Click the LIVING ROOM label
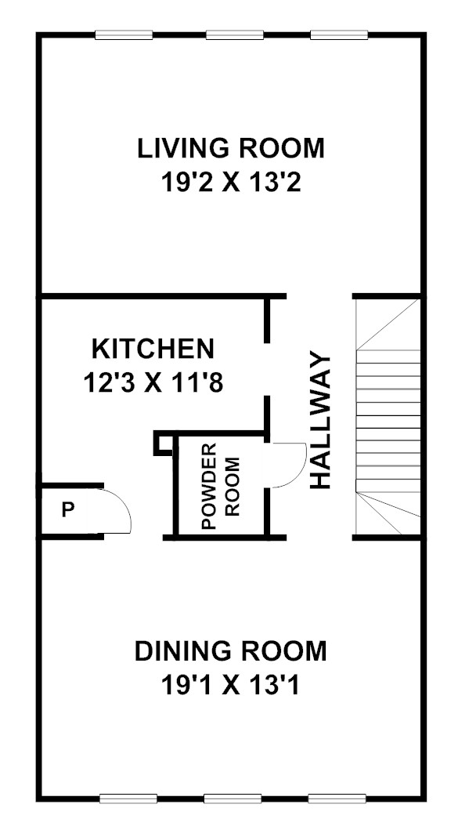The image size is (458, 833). (230, 148)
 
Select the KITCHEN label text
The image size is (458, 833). (153, 349)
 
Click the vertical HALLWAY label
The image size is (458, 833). (320, 420)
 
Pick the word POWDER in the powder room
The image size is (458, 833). (210, 485)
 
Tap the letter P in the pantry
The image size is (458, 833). (67, 510)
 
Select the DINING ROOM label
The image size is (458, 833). (230, 652)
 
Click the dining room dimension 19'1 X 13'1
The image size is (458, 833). (230, 686)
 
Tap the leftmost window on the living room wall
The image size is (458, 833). (124, 35)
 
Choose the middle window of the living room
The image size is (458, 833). (235, 35)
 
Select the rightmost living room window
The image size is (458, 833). (339, 35)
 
